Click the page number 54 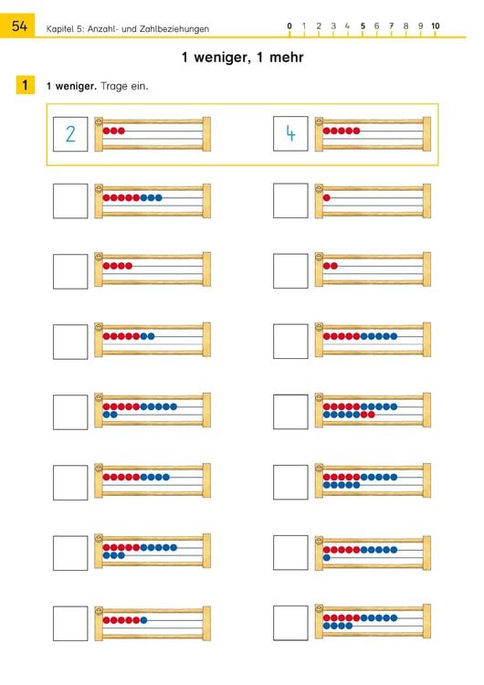pos(19,26)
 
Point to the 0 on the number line pos(289,26)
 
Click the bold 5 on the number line pos(363,26)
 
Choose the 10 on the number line pos(435,26)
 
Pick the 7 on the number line pos(392,26)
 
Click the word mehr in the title pos(287,58)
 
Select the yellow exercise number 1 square pos(25,85)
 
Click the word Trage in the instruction pos(113,86)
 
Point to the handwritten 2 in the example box pos(70,133)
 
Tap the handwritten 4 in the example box pos(290,133)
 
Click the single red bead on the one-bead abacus pos(327,198)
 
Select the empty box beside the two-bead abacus pos(290,271)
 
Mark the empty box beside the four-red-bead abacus pos(70,272)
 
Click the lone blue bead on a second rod pos(327,558)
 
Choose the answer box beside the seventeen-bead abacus pos(290,412)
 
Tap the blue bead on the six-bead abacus pos(143,620)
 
